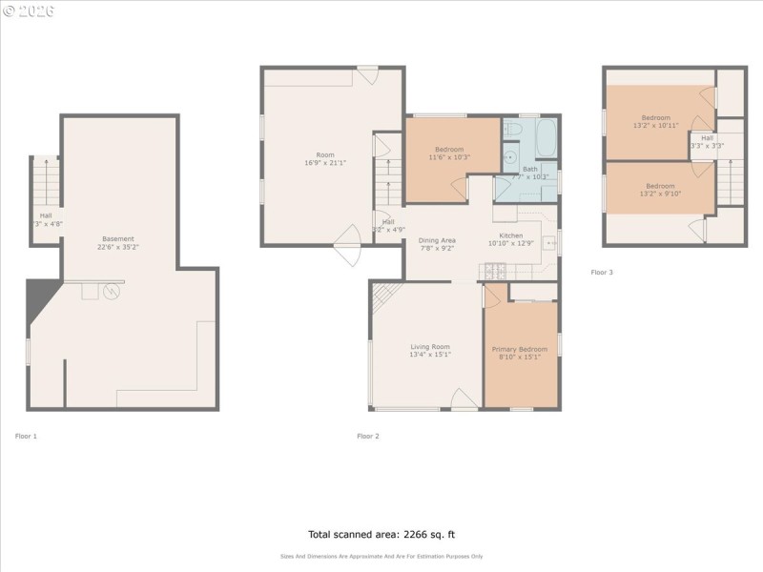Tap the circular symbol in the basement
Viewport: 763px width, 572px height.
click(x=113, y=291)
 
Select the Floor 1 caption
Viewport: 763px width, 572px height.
click(x=26, y=436)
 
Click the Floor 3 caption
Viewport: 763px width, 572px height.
click(x=602, y=273)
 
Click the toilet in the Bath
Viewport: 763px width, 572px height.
click(x=511, y=128)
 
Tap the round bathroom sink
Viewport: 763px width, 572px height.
click(x=508, y=158)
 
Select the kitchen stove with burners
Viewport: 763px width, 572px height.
click(x=494, y=271)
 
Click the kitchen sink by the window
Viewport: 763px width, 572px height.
click(x=549, y=244)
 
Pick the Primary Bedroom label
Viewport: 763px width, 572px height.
click(x=517, y=354)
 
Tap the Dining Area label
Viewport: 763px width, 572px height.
click(x=437, y=244)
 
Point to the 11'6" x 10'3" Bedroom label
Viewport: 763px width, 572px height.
click(x=449, y=153)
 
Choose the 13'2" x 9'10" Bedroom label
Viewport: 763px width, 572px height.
click(x=660, y=190)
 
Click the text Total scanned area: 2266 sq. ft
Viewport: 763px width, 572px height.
click(x=381, y=534)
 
